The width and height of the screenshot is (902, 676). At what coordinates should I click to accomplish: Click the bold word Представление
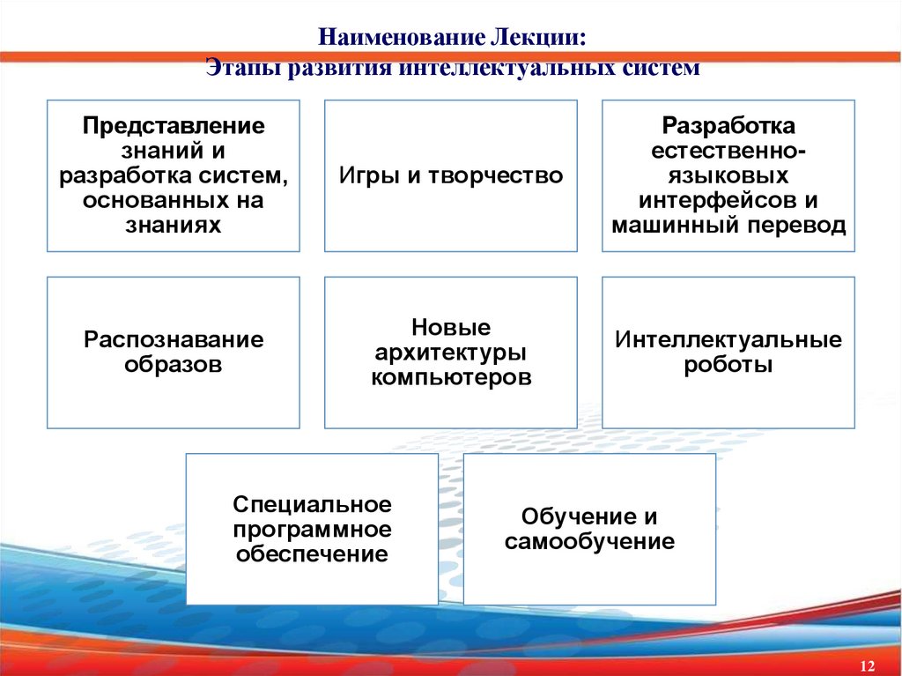(174, 125)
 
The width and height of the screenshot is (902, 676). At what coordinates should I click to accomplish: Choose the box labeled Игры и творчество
(451, 176)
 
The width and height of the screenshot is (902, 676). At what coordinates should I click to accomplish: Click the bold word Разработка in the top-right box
(728, 125)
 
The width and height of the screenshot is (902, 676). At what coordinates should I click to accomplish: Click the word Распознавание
(174, 339)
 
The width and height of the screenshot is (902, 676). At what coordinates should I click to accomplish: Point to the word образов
(174, 364)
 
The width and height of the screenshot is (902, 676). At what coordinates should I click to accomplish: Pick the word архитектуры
(451, 353)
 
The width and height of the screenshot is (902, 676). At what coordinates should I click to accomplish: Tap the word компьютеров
(451, 378)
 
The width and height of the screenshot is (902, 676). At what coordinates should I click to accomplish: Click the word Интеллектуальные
(728, 339)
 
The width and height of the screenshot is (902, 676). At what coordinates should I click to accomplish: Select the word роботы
(728, 364)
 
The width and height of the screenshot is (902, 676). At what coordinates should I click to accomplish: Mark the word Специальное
(312, 505)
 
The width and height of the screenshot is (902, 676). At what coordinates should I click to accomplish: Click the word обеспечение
(312, 555)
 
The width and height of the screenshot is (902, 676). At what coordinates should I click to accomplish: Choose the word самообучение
(589, 541)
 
